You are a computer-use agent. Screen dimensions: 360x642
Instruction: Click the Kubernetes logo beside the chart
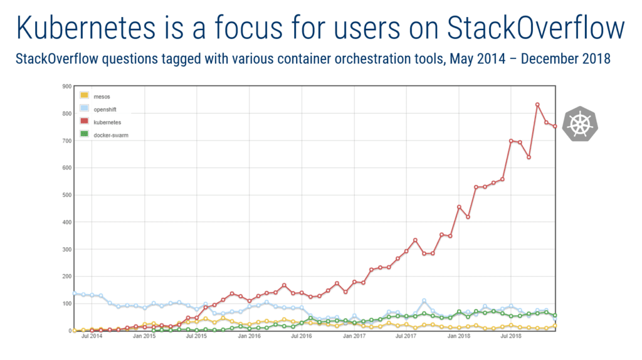(x=581, y=124)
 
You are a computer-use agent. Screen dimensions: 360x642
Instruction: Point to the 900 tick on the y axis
(x=66, y=87)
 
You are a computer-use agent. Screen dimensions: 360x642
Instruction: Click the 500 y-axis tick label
(x=66, y=195)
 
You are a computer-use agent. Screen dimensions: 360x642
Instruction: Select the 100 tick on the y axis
(x=66, y=304)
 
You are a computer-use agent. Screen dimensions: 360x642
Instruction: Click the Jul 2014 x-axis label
(x=93, y=337)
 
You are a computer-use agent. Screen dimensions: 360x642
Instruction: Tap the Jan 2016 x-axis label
(x=250, y=337)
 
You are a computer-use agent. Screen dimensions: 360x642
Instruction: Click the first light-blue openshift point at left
(x=75, y=294)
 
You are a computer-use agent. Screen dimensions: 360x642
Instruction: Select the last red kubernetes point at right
(x=555, y=127)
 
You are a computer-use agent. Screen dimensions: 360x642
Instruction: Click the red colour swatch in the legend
(x=84, y=121)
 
